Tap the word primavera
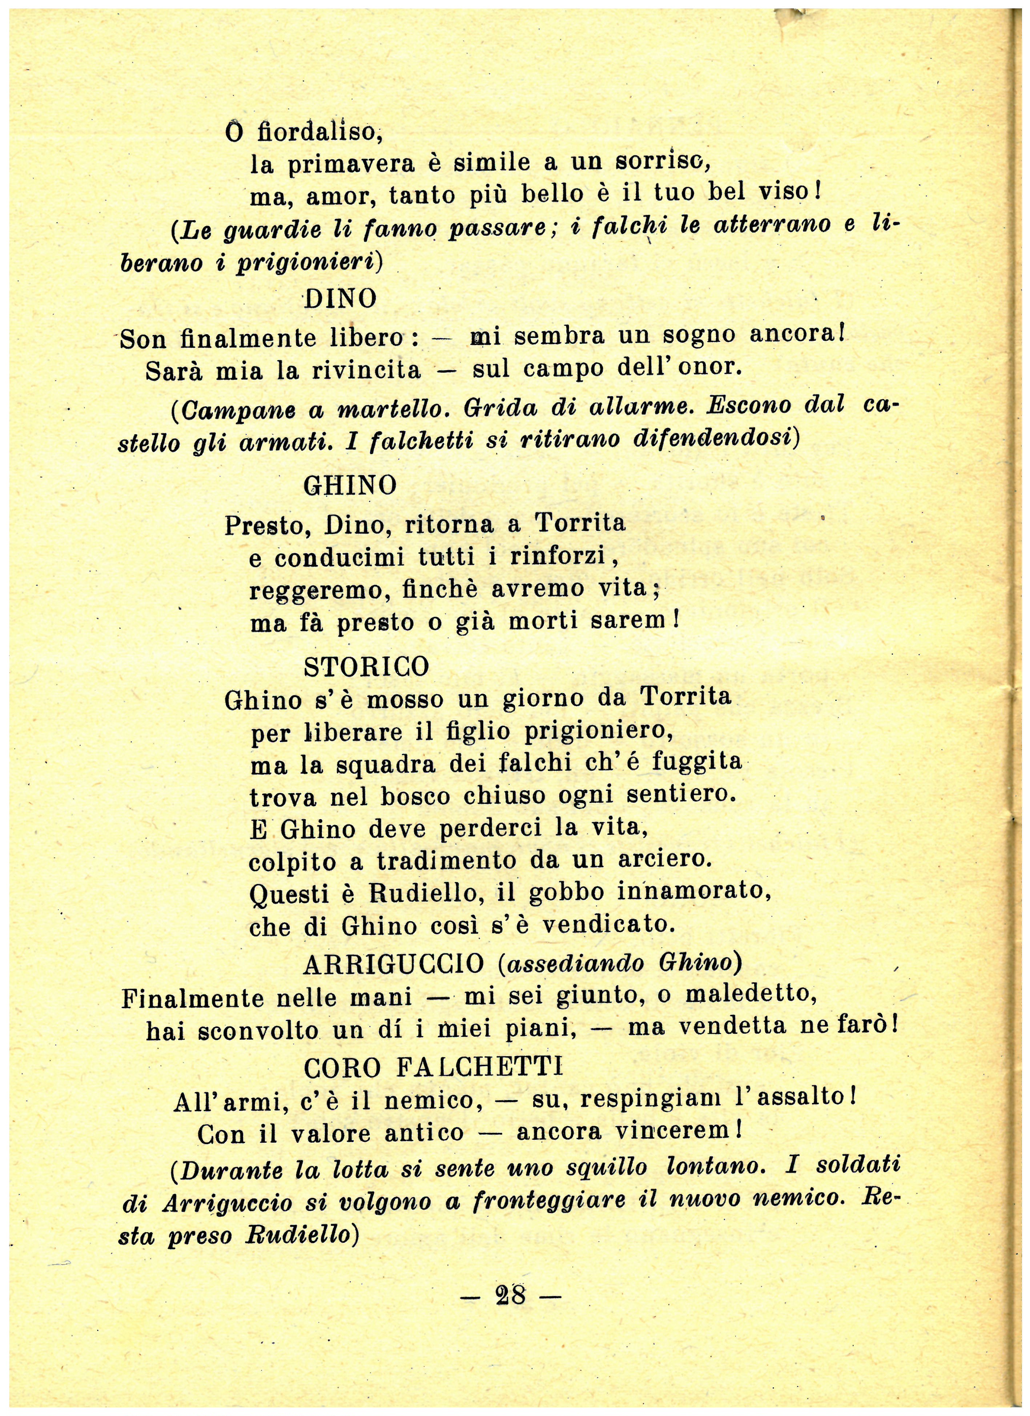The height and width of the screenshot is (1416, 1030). coord(352,164)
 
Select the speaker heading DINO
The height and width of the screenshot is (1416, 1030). coord(341,299)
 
